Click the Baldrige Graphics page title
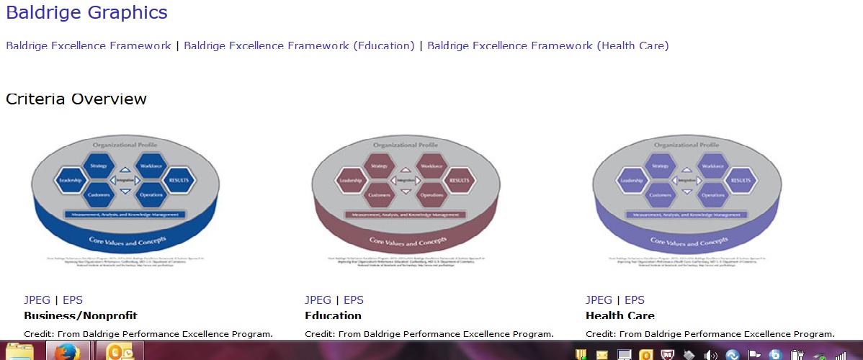[x=86, y=12]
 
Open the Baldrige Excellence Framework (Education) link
[x=299, y=45]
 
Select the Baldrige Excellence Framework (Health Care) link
[x=547, y=45]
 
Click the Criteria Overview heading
[x=76, y=99]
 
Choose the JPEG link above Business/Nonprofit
[x=37, y=300]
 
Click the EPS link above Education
[x=353, y=300]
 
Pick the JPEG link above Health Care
[x=599, y=300]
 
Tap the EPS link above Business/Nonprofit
[x=73, y=300]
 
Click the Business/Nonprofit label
[x=80, y=315]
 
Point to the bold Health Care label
[x=620, y=315]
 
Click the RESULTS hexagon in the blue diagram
[x=177, y=180]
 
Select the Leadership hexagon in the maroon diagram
[x=350, y=180]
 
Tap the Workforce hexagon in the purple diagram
[x=712, y=166]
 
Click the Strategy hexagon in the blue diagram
[x=99, y=166]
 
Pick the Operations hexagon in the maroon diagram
[x=431, y=194]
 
